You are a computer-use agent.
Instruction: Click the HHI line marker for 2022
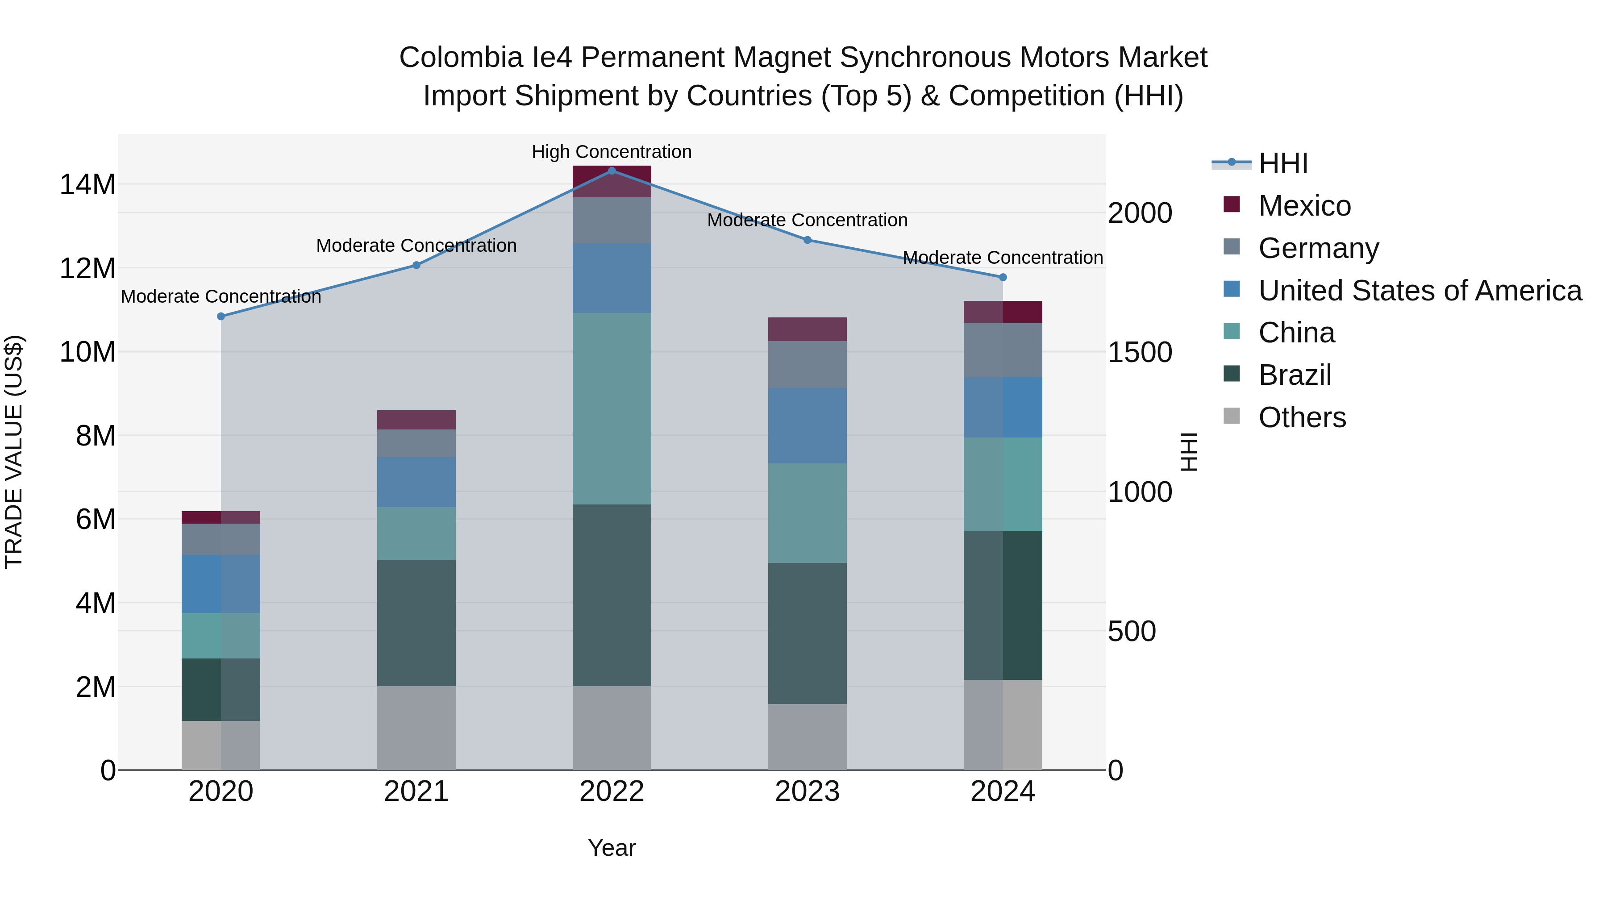[x=612, y=171]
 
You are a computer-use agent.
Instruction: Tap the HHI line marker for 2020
[x=221, y=317]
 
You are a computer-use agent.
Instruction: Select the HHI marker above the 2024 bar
[x=1003, y=277]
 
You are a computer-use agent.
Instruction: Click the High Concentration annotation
[x=612, y=152]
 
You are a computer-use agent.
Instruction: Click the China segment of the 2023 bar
[x=807, y=513]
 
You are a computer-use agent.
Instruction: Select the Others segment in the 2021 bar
[x=416, y=728]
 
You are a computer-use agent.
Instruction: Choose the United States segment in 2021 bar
[x=416, y=482]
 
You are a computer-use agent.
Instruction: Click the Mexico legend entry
[x=1304, y=205]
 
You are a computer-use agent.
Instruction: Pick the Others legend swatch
[x=1232, y=416]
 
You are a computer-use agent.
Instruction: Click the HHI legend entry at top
[x=1282, y=163]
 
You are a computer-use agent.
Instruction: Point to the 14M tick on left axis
[x=87, y=185]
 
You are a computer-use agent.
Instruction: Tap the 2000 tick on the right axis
[x=1139, y=213]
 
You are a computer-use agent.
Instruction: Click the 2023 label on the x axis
[x=807, y=792]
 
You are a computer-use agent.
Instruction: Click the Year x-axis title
[x=612, y=848]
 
